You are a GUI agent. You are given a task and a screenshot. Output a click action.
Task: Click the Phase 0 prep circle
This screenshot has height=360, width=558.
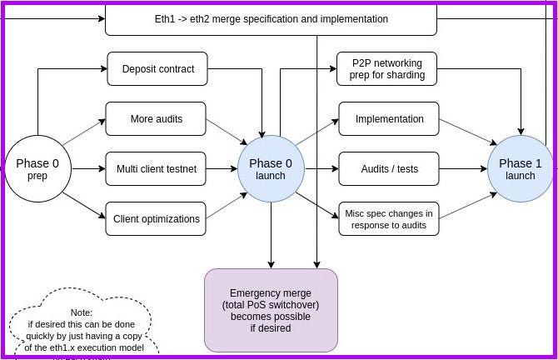click(37, 169)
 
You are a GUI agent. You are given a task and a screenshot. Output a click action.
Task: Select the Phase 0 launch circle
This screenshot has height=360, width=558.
click(271, 169)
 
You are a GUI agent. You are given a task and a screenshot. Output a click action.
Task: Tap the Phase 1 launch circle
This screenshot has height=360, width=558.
click(521, 169)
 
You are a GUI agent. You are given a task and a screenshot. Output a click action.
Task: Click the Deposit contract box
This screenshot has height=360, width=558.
click(157, 68)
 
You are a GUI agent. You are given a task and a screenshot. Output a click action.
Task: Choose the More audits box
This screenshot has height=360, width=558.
click(156, 118)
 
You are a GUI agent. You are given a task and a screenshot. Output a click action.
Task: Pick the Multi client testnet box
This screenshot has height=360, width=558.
click(156, 169)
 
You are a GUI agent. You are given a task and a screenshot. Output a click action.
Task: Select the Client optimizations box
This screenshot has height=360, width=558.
click(156, 219)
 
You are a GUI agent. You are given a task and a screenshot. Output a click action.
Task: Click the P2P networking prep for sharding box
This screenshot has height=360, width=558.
click(387, 69)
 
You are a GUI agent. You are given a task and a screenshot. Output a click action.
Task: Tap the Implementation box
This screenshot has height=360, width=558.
click(388, 118)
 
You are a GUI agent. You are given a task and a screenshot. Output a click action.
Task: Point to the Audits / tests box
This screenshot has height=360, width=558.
click(388, 169)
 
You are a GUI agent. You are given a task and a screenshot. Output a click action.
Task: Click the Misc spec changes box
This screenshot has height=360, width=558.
click(388, 219)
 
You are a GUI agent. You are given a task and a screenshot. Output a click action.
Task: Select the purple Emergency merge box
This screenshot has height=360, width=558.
click(271, 309)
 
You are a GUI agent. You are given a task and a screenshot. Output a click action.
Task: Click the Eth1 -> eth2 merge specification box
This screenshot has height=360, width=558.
click(271, 19)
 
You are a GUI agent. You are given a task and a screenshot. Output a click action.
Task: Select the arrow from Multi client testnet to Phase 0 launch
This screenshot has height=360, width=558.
click(222, 169)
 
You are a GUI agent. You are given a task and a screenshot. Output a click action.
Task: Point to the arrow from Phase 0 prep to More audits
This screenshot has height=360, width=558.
click(84, 132)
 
